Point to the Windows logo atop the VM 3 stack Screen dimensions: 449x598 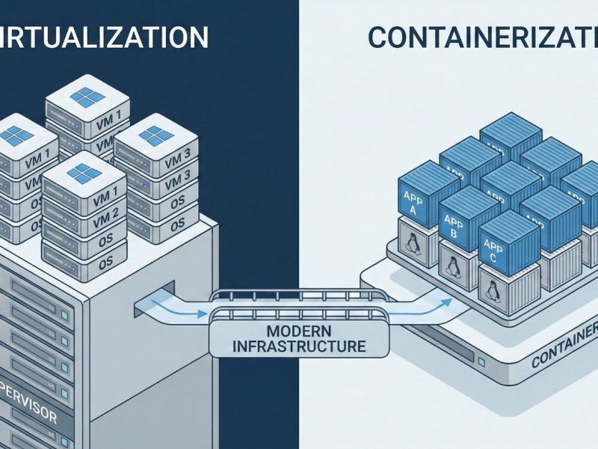pos(155,135)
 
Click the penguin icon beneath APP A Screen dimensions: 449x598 pos(412,242)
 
